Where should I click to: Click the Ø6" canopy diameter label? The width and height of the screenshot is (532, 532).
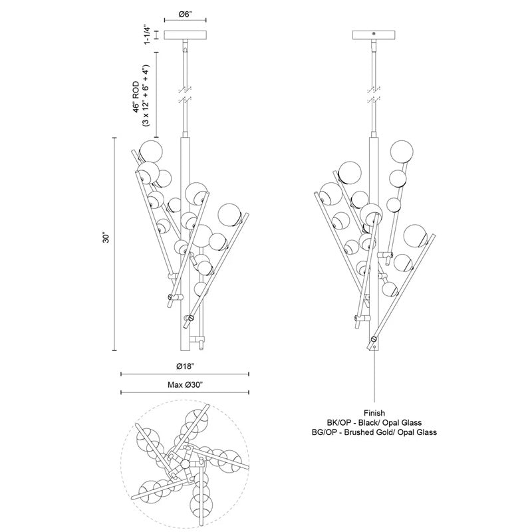pyautogui.click(x=186, y=15)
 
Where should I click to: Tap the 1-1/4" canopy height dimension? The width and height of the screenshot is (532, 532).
pyautogui.click(x=146, y=35)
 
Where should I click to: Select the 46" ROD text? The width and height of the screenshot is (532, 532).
pyautogui.click(x=136, y=96)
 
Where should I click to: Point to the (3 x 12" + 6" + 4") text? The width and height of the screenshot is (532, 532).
pyautogui.click(x=146, y=95)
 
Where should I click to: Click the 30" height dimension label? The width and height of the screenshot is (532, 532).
pyautogui.click(x=106, y=238)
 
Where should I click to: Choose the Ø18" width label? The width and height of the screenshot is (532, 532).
pyautogui.click(x=185, y=366)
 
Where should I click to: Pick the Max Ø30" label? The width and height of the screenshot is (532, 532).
pyautogui.click(x=185, y=385)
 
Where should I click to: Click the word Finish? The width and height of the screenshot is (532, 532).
pyautogui.click(x=374, y=413)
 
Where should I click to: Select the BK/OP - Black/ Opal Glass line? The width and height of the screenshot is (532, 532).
pyautogui.click(x=374, y=423)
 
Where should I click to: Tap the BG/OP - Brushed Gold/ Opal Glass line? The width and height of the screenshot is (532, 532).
pyautogui.click(x=374, y=432)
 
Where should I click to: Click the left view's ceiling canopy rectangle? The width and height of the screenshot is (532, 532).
pyautogui.click(x=186, y=35)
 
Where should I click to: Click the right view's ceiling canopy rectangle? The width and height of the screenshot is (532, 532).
pyautogui.click(x=374, y=35)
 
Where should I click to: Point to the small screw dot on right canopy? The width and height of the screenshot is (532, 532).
pyautogui.click(x=374, y=34)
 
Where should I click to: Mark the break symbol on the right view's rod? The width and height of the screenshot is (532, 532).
pyautogui.click(x=374, y=95)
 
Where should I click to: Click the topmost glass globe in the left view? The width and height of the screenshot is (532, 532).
pyautogui.click(x=151, y=152)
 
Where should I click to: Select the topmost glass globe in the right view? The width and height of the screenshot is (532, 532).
pyautogui.click(x=402, y=152)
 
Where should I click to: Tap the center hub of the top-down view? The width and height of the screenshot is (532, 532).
pyautogui.click(x=185, y=464)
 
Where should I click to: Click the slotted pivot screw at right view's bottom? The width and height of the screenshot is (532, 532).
pyautogui.click(x=374, y=338)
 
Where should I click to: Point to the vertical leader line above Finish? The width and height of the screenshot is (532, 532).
pyautogui.click(x=374, y=379)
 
